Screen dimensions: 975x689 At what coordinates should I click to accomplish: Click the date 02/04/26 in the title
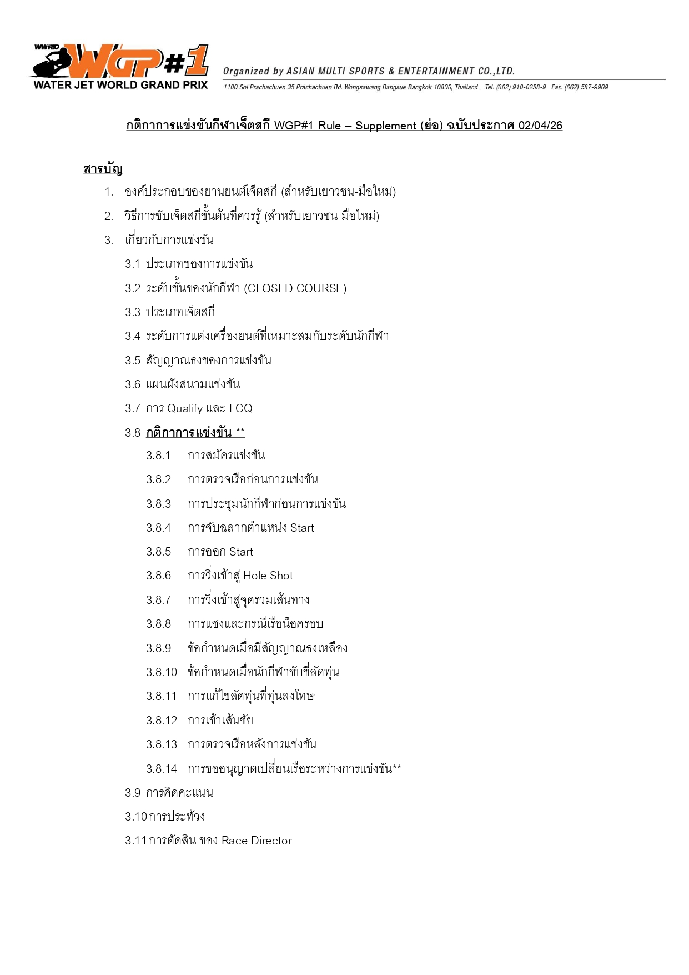point(540,126)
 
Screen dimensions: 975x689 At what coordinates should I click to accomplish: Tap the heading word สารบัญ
point(103,168)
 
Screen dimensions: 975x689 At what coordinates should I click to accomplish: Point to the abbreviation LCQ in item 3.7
point(240,408)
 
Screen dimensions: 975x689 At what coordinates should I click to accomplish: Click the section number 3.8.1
point(158,456)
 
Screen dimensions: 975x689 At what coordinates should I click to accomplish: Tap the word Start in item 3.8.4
point(302,528)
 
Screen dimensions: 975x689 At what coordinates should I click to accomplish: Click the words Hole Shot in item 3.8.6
point(268,576)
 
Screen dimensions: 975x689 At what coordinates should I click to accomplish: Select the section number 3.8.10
point(161,672)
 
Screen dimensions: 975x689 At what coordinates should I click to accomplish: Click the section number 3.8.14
point(161,769)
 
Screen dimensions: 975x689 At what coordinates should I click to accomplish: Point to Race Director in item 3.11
point(257,841)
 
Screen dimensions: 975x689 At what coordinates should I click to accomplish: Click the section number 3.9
point(133,793)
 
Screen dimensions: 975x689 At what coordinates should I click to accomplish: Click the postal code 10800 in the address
point(442,87)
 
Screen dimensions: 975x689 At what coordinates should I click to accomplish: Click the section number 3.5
point(133,361)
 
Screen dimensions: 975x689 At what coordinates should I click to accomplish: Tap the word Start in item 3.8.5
point(241,552)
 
